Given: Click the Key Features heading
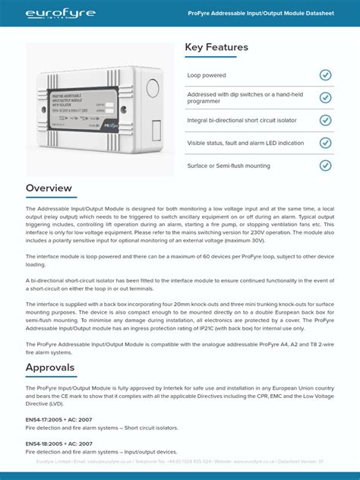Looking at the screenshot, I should click(216, 47).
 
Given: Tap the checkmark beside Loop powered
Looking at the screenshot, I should click(325, 75).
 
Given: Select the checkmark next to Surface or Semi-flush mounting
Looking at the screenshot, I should click(325, 165).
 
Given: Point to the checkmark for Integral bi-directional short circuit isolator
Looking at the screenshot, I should click(325, 120).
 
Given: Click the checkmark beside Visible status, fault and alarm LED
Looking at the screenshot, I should click(325, 143).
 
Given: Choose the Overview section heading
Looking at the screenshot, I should click(49, 188).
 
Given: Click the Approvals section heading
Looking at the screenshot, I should click(50, 368).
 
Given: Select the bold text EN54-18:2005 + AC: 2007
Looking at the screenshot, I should click(59, 444).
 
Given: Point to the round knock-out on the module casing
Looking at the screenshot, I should click(150, 85).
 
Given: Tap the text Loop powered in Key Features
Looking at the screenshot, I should click(207, 75).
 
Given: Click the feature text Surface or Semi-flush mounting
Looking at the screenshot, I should click(228, 165).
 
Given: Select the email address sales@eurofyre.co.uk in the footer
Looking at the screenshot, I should click(109, 461).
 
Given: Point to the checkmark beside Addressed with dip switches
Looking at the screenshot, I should click(325, 97).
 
